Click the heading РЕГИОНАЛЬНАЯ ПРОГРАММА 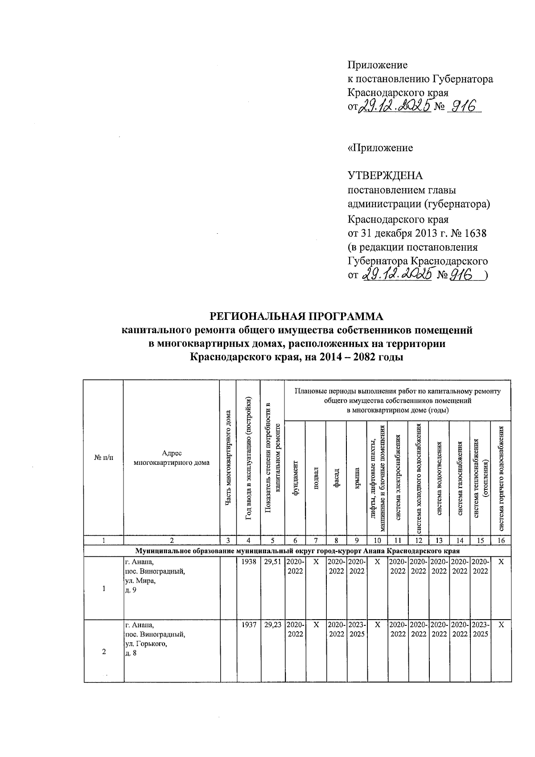[296, 317]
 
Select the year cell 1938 [248, 562]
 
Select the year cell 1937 [248, 625]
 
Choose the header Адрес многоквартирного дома [172, 458]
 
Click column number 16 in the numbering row [501, 541]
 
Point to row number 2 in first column [104, 652]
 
